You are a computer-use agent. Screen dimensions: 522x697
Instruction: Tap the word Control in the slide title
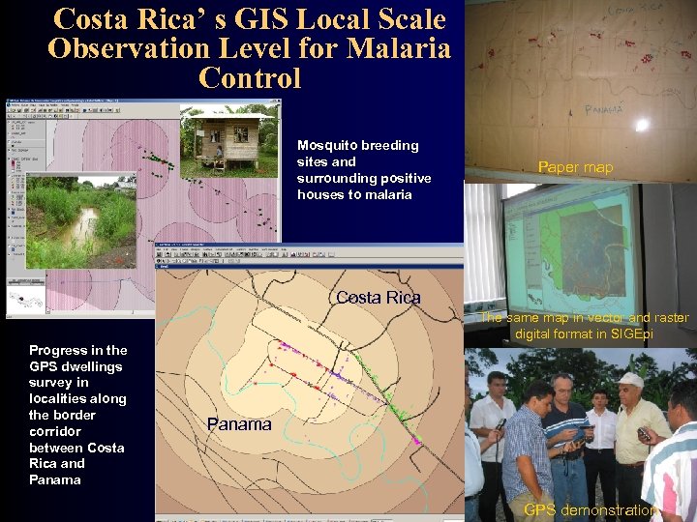click(x=250, y=77)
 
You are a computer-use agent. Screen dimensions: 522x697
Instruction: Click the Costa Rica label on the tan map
click(x=378, y=297)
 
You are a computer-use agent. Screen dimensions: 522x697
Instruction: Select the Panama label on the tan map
click(x=239, y=424)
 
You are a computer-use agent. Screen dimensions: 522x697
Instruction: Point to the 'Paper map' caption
click(x=575, y=167)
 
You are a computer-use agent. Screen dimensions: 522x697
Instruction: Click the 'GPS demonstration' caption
click(x=591, y=510)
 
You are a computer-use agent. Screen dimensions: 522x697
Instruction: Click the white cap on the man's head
click(x=630, y=380)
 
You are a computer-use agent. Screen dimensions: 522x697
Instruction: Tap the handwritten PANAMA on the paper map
click(x=604, y=109)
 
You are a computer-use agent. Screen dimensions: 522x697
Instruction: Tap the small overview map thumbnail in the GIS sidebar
click(x=29, y=298)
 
